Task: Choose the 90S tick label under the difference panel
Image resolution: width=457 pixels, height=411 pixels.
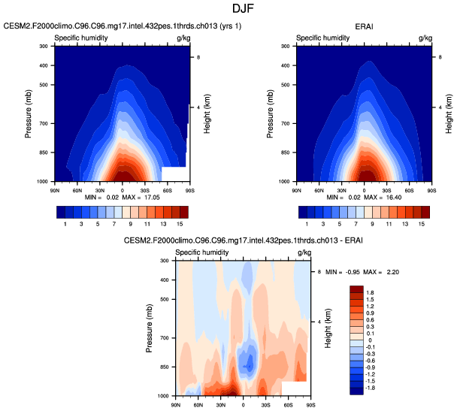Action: tap(310, 403)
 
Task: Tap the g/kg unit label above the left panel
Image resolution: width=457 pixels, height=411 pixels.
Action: tap(183, 37)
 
